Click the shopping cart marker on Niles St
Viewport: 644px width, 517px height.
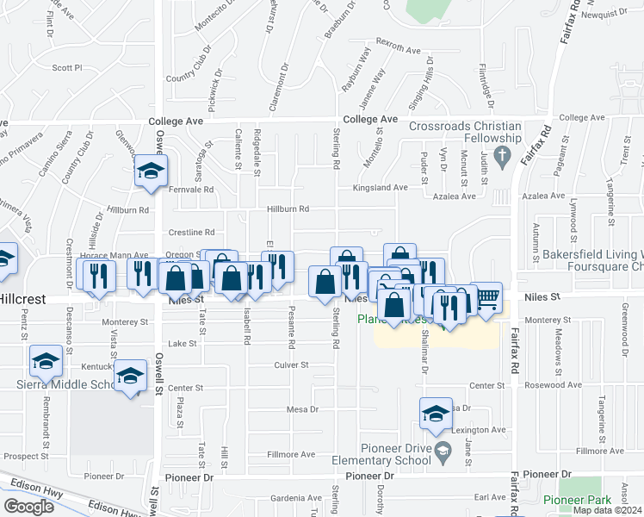(487, 298)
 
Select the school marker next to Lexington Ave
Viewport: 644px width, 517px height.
(436, 414)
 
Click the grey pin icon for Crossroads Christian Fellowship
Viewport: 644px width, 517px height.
(505, 156)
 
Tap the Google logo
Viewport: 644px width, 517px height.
(29, 507)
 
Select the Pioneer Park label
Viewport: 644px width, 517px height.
(577, 500)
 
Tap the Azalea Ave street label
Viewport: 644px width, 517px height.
(455, 196)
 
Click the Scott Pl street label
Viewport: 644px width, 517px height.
(66, 67)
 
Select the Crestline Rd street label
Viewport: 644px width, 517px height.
(190, 232)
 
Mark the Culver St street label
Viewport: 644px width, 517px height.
(292, 365)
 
